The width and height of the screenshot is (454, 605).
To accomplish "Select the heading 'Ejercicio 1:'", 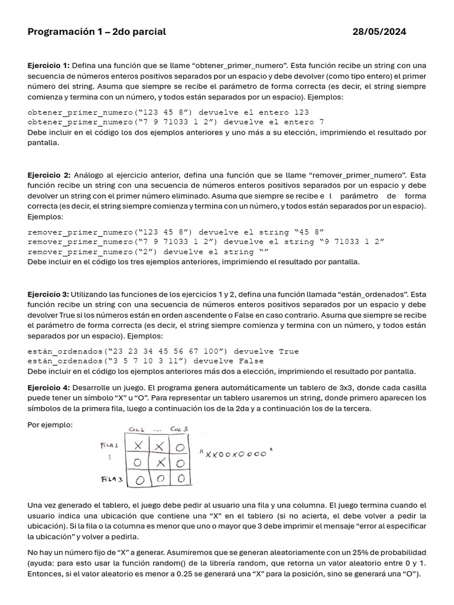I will coord(48,66).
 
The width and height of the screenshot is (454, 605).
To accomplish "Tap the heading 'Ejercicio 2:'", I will coord(49,175).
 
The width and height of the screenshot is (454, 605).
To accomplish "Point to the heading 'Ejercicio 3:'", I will coord(48,294).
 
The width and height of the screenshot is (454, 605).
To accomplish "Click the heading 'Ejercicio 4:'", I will coord(48,387).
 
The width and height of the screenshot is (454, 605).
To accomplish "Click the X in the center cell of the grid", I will coord(161,462).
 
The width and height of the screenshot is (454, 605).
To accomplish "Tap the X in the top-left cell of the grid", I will coord(139,445).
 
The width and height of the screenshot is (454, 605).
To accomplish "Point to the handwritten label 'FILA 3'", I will coord(111,480).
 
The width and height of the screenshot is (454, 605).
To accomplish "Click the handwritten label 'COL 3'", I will coord(179,429).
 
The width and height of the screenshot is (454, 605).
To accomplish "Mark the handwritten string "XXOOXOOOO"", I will coord(235,454).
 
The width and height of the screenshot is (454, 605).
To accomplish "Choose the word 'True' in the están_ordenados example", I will coord(288,351).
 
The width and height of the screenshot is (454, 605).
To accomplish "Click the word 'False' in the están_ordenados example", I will coord(251,361).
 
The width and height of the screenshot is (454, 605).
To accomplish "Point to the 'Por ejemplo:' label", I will coord(50,425).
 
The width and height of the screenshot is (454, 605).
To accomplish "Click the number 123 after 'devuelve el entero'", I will coord(298,112).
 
